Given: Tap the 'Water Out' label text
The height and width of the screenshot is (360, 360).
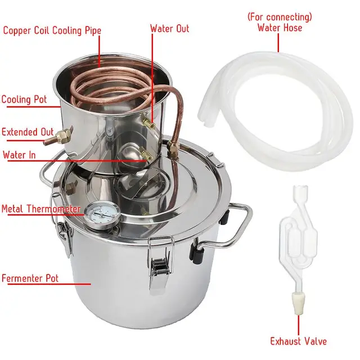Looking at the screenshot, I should click(x=169, y=28).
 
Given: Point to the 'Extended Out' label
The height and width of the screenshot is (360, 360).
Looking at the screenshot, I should click(x=28, y=132).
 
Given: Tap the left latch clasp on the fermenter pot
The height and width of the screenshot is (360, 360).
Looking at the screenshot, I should click(x=65, y=233).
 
